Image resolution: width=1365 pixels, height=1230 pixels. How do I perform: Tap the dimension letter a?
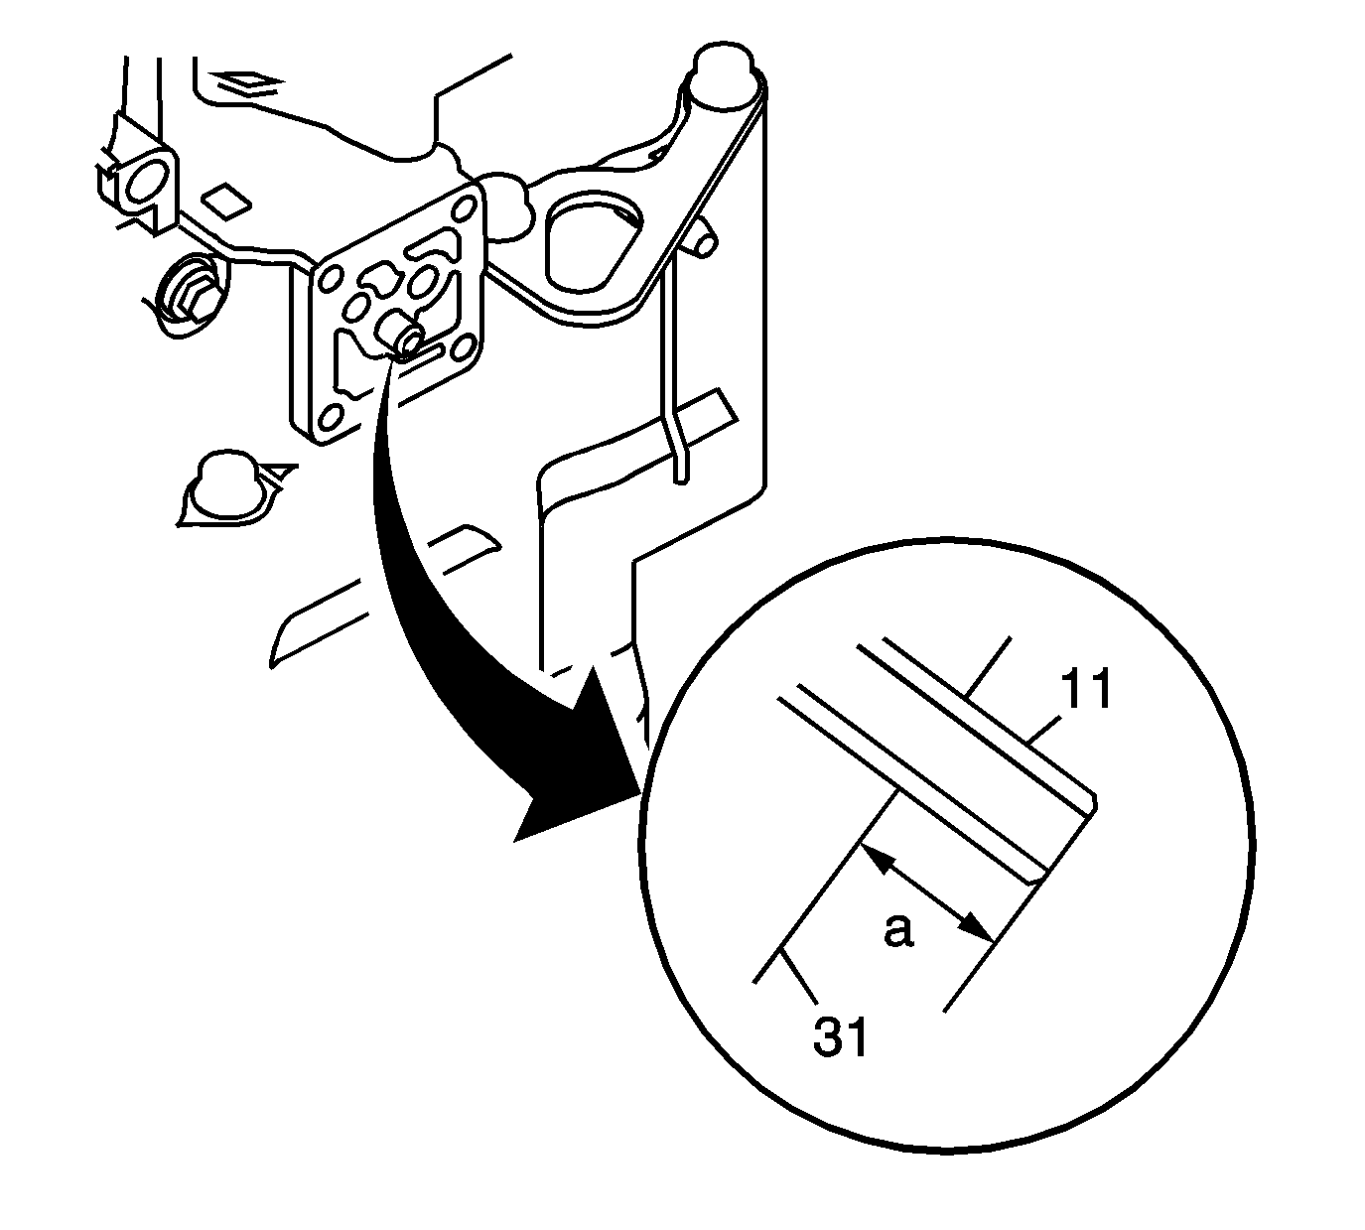(898, 930)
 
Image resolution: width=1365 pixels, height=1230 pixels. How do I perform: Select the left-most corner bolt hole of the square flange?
(332, 278)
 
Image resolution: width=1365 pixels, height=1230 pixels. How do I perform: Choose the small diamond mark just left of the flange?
(226, 200)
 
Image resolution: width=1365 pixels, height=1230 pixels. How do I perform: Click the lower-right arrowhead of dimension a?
(978, 930)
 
